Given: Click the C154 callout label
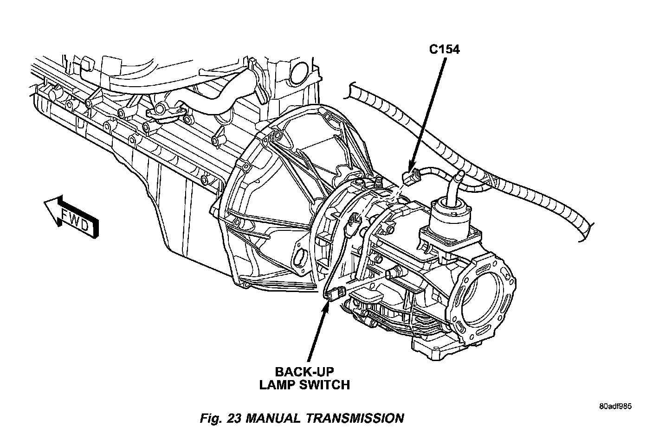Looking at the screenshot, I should [444, 50].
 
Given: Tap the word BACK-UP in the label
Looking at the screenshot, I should [304, 372].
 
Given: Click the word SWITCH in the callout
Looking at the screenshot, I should [326, 385].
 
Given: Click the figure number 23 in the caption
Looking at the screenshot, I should [233, 418].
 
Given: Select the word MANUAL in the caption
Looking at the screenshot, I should [273, 418].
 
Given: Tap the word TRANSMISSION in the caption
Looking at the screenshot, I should [355, 418].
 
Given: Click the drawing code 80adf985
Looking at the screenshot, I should [615, 407].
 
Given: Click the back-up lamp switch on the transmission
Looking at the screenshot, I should [335, 293].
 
